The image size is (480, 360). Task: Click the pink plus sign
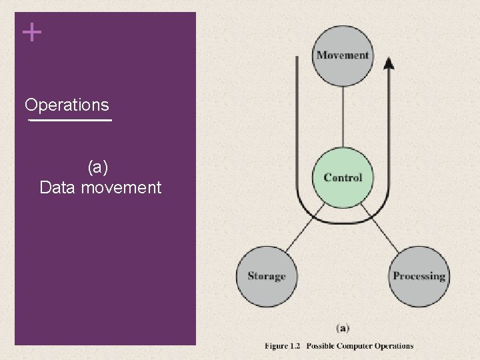click(31, 32)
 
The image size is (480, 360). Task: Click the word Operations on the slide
click(67, 105)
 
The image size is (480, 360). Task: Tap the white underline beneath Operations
click(69, 121)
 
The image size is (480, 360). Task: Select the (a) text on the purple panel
click(101, 166)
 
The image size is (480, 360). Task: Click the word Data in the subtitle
click(57, 187)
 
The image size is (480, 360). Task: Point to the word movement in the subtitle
click(121, 187)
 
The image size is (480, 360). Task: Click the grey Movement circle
click(343, 55)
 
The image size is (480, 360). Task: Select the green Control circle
click(343, 177)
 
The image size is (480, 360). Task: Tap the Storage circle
click(267, 276)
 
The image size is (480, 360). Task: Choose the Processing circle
click(418, 276)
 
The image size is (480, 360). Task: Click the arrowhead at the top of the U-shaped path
click(389, 63)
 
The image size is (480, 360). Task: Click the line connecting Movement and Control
click(343, 117)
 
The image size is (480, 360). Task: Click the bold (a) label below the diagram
click(343, 328)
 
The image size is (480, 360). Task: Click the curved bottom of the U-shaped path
click(343, 220)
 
